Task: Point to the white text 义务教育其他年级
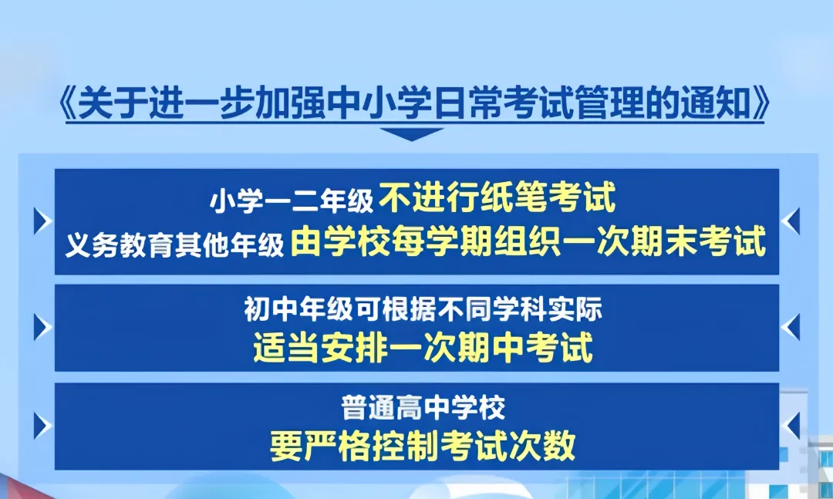coord(175,244)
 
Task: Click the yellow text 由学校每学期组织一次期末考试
coord(529,243)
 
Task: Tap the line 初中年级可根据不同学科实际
coord(423,310)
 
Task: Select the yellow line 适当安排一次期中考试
coord(423,349)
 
